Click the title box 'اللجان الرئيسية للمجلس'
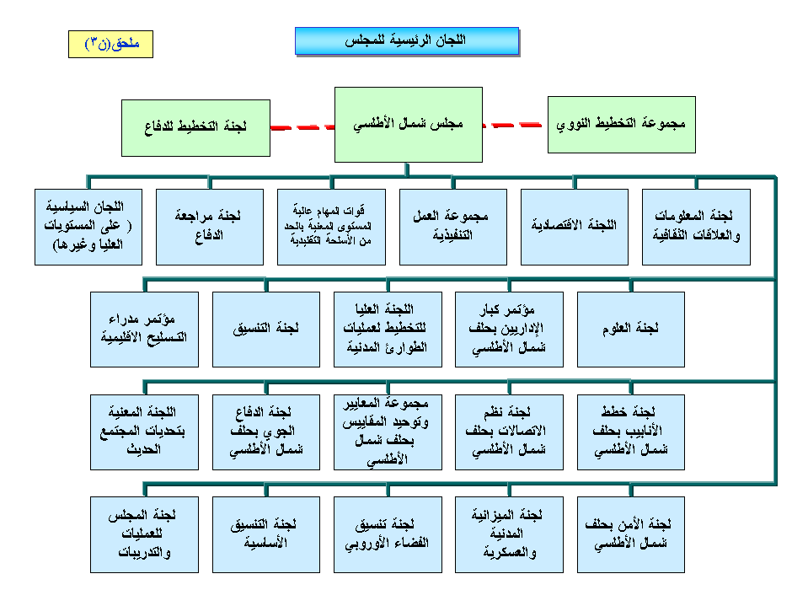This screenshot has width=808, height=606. click(x=406, y=40)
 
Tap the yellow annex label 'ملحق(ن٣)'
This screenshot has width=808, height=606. click(x=110, y=43)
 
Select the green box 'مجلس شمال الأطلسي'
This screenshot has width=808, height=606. click(x=408, y=126)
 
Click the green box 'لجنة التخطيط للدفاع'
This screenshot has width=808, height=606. click(x=195, y=127)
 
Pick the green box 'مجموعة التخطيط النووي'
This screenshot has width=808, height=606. click(x=622, y=124)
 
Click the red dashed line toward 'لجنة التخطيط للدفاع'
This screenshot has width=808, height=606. click(x=302, y=128)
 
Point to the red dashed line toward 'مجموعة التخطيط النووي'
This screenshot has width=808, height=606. click(x=515, y=126)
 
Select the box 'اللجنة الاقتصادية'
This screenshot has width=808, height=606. click(x=575, y=226)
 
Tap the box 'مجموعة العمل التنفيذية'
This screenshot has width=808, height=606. click(x=453, y=226)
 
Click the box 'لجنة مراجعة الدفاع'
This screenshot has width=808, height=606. click(x=210, y=226)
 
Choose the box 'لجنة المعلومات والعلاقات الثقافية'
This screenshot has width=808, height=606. click(x=696, y=226)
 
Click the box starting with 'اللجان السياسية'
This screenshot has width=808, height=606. click(x=88, y=226)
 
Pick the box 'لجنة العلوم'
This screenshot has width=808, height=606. click(x=630, y=329)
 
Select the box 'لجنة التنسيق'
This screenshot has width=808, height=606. click(x=265, y=329)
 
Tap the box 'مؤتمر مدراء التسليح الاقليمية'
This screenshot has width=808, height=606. click(x=144, y=329)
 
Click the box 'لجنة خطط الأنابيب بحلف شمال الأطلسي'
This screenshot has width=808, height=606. click(x=630, y=432)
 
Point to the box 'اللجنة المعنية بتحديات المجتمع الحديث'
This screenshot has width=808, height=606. click(x=144, y=432)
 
